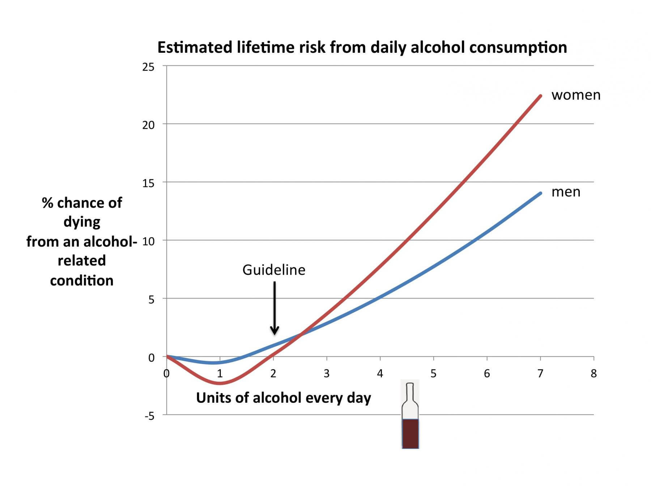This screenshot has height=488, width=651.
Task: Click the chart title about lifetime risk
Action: (x=362, y=47)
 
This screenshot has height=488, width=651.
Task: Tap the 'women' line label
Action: (x=576, y=95)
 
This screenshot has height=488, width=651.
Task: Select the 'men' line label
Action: (x=566, y=192)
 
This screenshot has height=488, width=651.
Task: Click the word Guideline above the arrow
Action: (x=274, y=270)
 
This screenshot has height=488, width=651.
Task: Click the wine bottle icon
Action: (x=410, y=416)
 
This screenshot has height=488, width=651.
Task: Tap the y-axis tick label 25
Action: (x=148, y=67)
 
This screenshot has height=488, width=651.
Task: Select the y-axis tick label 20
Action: (x=148, y=125)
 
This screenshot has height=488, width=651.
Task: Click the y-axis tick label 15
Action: (x=148, y=183)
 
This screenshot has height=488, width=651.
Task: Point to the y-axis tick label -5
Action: (x=149, y=416)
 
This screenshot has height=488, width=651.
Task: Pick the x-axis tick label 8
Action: (x=593, y=373)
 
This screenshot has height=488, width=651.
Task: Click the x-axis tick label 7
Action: (x=540, y=373)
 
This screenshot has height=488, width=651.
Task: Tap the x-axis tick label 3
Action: (x=327, y=373)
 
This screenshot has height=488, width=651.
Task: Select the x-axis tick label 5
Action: (x=433, y=373)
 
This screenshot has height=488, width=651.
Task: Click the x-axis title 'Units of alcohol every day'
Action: (x=284, y=398)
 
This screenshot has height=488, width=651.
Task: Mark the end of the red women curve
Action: (x=541, y=96)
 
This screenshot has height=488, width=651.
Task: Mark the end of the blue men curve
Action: (x=541, y=193)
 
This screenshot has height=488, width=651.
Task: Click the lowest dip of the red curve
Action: (x=220, y=383)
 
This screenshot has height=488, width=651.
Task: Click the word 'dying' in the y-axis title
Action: (x=82, y=222)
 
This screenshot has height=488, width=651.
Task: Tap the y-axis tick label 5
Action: (x=151, y=300)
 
